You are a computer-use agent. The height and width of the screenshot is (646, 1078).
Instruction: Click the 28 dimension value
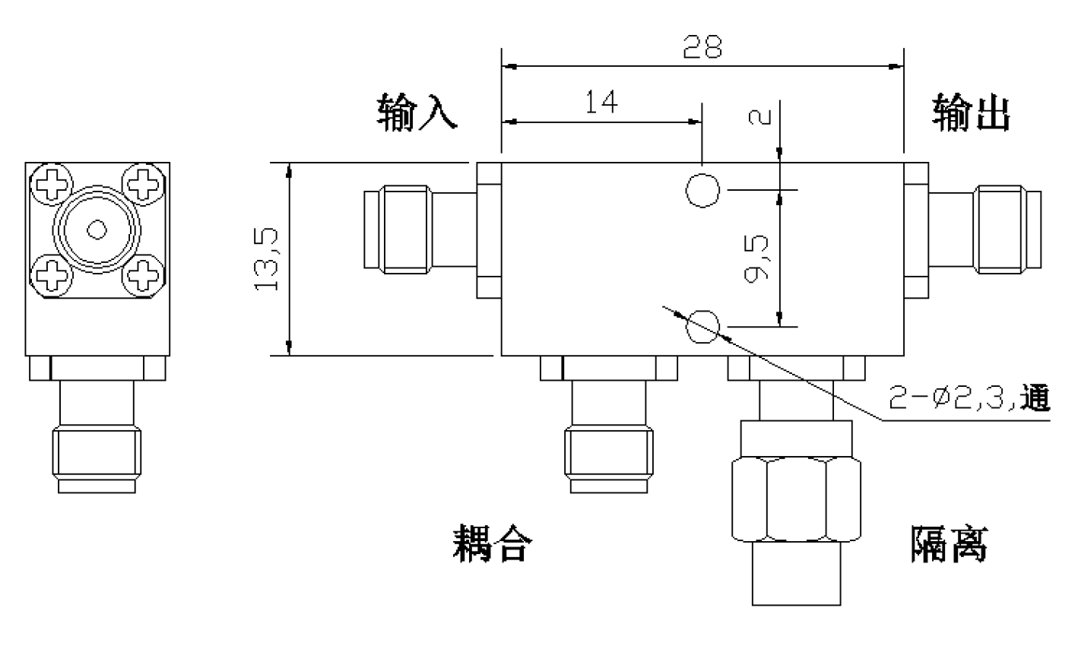click(x=702, y=46)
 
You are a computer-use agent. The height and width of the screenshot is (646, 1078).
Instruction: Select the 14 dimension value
click(x=601, y=102)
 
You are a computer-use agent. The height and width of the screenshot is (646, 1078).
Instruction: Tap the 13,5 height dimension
click(x=266, y=259)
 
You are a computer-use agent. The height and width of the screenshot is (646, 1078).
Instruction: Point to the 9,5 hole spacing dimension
click(x=756, y=258)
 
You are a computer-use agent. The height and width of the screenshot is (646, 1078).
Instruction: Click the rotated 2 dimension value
click(x=760, y=117)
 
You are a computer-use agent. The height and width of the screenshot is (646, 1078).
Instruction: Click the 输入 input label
click(x=417, y=112)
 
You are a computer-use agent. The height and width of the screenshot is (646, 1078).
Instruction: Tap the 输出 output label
click(x=971, y=112)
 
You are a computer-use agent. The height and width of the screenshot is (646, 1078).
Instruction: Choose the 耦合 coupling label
click(x=493, y=543)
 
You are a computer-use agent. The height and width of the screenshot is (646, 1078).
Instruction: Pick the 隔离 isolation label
click(x=950, y=544)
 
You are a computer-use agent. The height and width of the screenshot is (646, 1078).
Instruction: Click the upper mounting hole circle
click(x=702, y=191)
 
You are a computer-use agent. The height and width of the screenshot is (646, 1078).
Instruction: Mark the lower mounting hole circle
click(x=702, y=327)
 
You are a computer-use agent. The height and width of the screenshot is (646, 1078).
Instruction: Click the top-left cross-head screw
click(x=52, y=184)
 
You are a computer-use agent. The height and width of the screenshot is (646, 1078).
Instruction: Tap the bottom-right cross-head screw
click(x=144, y=276)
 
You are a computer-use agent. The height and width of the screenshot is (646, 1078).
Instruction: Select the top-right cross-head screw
click(x=144, y=184)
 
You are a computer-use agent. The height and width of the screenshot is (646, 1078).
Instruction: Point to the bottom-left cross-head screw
click(x=52, y=276)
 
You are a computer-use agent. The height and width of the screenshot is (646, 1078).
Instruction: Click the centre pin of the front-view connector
click(x=97, y=230)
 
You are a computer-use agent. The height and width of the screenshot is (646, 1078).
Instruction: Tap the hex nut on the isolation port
click(x=797, y=499)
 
